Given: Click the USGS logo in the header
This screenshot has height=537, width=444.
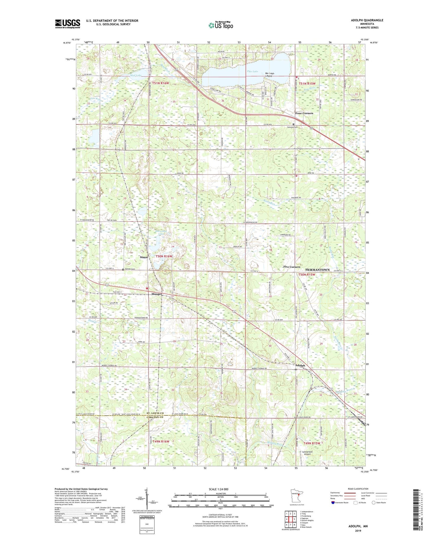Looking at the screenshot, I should click(67, 24).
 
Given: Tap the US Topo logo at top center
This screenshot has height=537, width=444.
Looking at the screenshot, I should click(221, 25).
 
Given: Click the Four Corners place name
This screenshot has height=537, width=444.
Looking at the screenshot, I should click(304, 113).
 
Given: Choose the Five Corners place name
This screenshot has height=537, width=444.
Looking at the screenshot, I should click(292, 267).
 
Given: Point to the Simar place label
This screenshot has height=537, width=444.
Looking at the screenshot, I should click(144, 257).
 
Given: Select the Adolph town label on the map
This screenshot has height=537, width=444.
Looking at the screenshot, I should click(300, 366).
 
